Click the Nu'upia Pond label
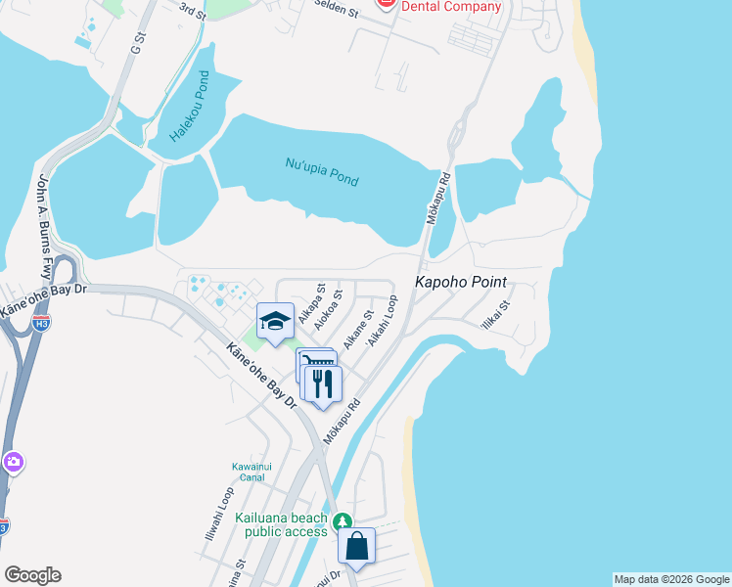[322, 172]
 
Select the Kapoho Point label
[462, 283]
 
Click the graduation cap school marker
[275, 321]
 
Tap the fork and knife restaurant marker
[323, 383]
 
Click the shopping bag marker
[357, 546]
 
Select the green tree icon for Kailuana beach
[342, 521]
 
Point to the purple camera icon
[13, 462]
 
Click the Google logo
[32, 575]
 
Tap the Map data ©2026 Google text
[670, 579]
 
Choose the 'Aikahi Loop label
[382, 322]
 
